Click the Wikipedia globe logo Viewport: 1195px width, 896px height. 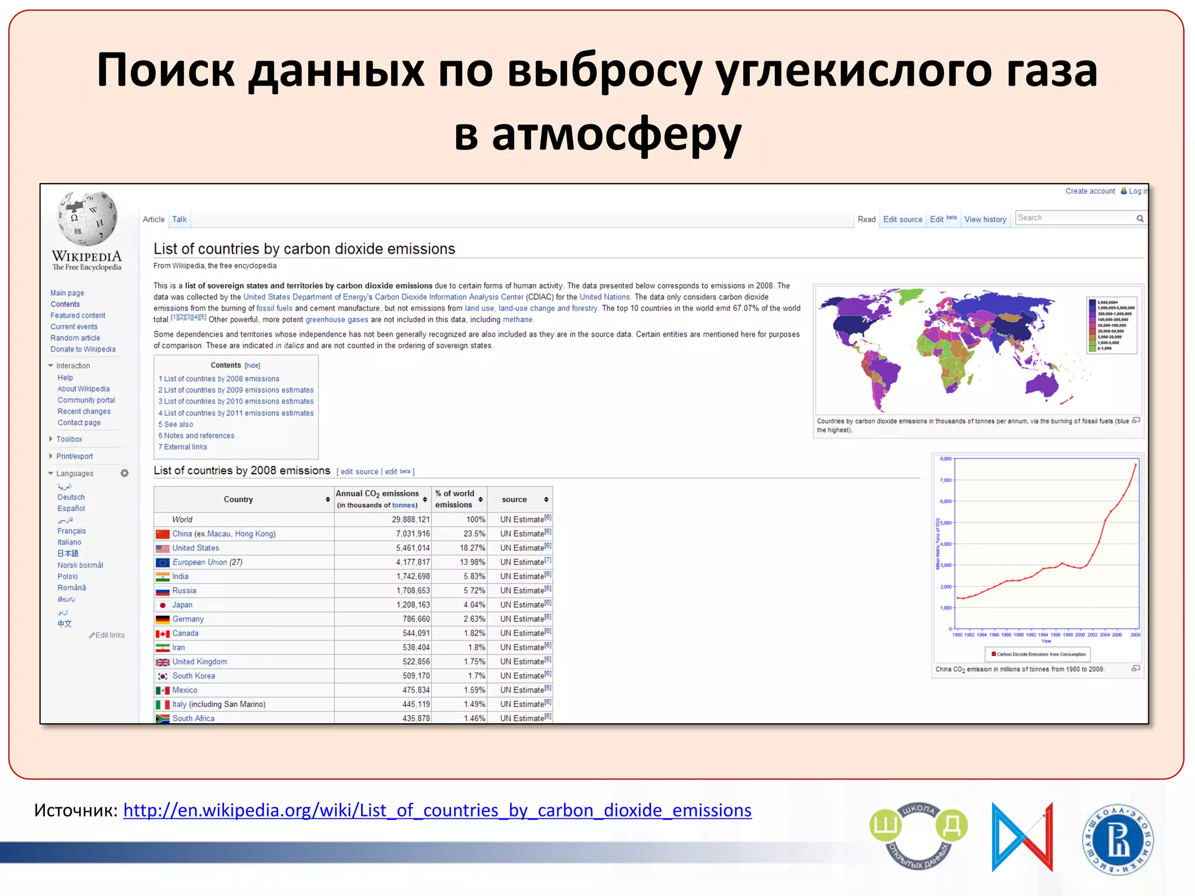[x=88, y=219]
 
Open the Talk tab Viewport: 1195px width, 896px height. [x=179, y=219]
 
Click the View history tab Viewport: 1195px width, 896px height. [x=985, y=219]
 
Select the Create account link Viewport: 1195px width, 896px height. [x=1089, y=191]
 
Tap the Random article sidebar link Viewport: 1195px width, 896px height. [x=75, y=338]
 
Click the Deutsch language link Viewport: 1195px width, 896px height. [x=71, y=497]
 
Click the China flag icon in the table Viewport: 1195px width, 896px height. [x=163, y=534]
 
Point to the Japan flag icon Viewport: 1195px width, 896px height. [x=163, y=605]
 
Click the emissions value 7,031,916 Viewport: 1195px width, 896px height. [x=413, y=534]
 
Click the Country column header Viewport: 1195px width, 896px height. [x=239, y=499]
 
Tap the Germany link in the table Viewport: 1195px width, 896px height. [x=188, y=619]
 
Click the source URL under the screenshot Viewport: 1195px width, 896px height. [x=437, y=810]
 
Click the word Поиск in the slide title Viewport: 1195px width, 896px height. [x=166, y=70]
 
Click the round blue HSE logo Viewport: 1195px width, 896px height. [x=1117, y=839]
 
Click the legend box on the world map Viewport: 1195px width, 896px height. [x=1112, y=325]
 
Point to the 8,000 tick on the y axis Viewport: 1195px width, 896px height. [x=946, y=459]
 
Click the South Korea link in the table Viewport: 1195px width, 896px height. [x=194, y=675]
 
